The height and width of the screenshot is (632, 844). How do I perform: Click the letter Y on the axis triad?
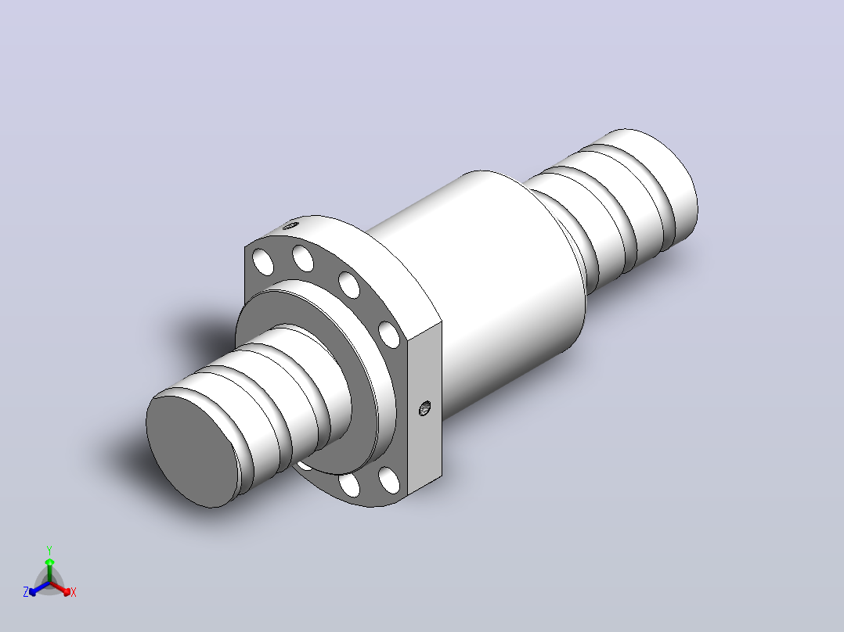(x=49, y=550)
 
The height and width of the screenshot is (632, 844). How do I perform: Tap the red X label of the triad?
(x=74, y=592)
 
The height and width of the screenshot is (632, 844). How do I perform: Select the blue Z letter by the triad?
(x=25, y=592)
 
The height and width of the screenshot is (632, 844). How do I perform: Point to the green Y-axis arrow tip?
(x=49, y=562)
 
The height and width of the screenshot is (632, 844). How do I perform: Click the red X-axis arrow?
(x=61, y=588)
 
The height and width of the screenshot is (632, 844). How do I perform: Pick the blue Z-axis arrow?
(x=39, y=588)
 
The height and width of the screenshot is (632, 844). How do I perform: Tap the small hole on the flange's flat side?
(x=424, y=409)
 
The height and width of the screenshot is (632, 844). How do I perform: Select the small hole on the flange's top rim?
(x=290, y=225)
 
